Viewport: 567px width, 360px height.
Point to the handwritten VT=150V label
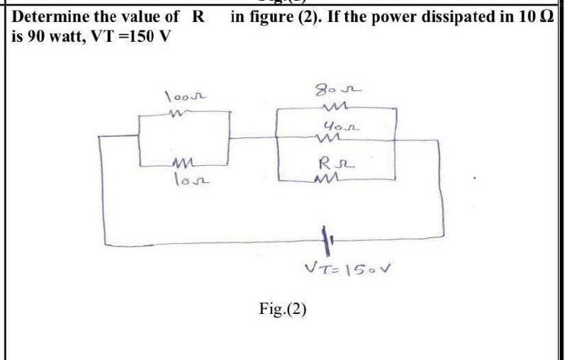click(x=347, y=268)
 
